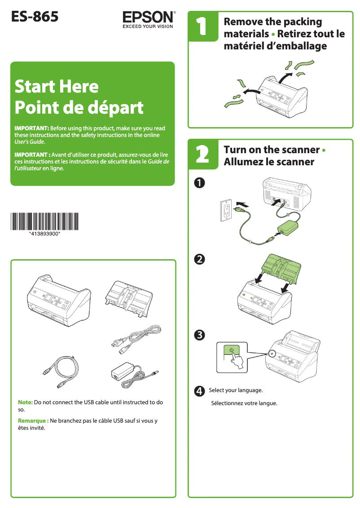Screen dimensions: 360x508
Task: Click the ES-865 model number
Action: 35,17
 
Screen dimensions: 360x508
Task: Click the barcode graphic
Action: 45,221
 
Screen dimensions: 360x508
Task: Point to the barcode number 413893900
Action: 45,234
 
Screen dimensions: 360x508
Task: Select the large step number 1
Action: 202,26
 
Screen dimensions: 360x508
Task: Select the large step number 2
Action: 202,154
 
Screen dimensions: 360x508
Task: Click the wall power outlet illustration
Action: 226,210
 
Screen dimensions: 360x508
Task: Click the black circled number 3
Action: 199,335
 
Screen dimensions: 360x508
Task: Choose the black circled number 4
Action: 199,391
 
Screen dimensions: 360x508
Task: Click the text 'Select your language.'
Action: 236,390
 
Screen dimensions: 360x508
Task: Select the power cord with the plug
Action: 136,339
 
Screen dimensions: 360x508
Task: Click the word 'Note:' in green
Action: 25,402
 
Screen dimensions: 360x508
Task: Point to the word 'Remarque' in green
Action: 32,420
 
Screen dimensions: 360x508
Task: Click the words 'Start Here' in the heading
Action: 57,87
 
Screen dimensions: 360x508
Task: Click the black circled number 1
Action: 199,183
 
